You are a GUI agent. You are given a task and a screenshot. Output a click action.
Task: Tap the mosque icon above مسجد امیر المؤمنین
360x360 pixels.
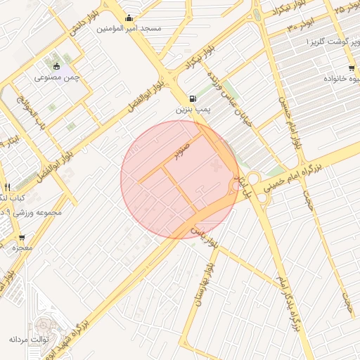pyautogui.click(x=129, y=18)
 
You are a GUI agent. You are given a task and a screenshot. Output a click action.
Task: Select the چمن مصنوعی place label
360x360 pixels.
pyautogui.click(x=57, y=78)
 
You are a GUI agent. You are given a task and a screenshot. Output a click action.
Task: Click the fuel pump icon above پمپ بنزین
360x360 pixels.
pyautogui.click(x=193, y=99)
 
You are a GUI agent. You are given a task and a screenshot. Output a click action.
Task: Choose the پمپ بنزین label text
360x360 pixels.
pyautogui.click(x=193, y=110)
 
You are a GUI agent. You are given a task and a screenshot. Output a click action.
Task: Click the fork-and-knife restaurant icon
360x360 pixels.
pyautogui.click(x=7, y=187)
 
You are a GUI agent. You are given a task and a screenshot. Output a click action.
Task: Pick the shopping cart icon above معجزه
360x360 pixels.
pyautogui.click(x=21, y=238)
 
